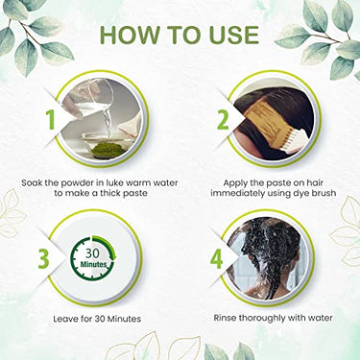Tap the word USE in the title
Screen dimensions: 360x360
[x=232, y=35]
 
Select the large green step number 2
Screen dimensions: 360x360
[x=223, y=119]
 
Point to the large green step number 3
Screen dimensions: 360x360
[x=44, y=259]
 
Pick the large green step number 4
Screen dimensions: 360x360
[x=217, y=259]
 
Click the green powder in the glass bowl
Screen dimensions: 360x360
[x=103, y=149]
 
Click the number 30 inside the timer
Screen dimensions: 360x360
[x=93, y=253]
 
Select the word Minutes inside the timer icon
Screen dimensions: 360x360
[x=93, y=265]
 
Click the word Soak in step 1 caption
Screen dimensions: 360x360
[x=32, y=183]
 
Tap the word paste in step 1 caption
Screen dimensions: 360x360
[x=135, y=194]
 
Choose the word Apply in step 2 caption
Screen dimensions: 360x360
[x=235, y=183]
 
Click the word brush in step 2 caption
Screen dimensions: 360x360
[x=324, y=194]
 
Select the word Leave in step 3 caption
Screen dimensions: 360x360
[x=64, y=319]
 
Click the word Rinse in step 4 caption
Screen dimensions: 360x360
[x=225, y=318]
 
